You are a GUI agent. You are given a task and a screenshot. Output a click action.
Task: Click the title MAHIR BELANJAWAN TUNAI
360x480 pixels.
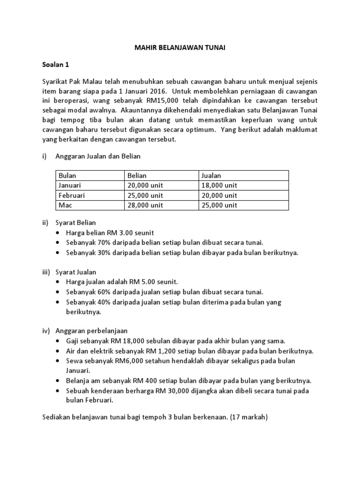click(180, 48)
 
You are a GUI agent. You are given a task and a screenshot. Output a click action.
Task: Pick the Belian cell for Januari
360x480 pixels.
click(145, 185)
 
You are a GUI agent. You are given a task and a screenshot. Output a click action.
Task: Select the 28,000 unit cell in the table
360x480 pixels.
click(145, 205)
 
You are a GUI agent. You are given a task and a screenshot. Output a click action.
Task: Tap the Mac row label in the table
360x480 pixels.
click(65, 205)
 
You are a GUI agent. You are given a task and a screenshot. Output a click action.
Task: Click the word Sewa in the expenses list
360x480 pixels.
click(74, 360)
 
